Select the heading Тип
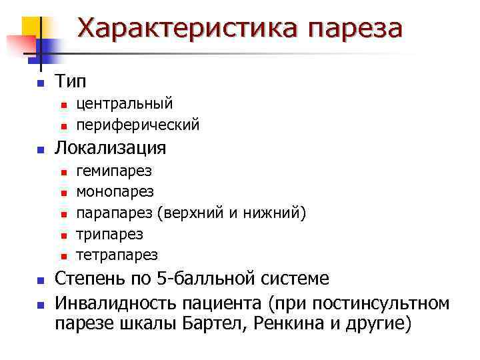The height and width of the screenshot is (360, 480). [x=70, y=82]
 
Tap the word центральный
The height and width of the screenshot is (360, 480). [x=125, y=103]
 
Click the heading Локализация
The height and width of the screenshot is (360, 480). [x=111, y=147]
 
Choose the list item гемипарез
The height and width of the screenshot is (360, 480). [x=114, y=171]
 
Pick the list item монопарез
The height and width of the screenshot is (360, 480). [x=115, y=192]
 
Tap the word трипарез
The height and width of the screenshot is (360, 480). [x=109, y=234]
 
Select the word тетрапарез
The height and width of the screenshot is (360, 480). [x=117, y=255]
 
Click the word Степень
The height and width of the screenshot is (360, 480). [x=89, y=279]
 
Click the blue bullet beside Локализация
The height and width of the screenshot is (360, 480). [x=41, y=149]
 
